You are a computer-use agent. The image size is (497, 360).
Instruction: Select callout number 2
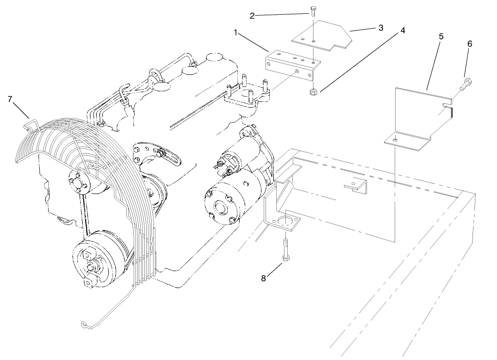pos(252,16)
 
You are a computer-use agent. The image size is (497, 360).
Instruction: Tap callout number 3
pos(381,28)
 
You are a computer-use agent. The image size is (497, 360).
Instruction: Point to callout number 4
pos(402,30)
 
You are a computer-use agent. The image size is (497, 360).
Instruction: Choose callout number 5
pos(441,35)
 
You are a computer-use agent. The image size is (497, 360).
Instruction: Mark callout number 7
pos(10,99)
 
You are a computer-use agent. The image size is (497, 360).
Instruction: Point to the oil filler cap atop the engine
pos(214,58)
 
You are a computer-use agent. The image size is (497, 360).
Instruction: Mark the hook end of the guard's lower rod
pos(83,324)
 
